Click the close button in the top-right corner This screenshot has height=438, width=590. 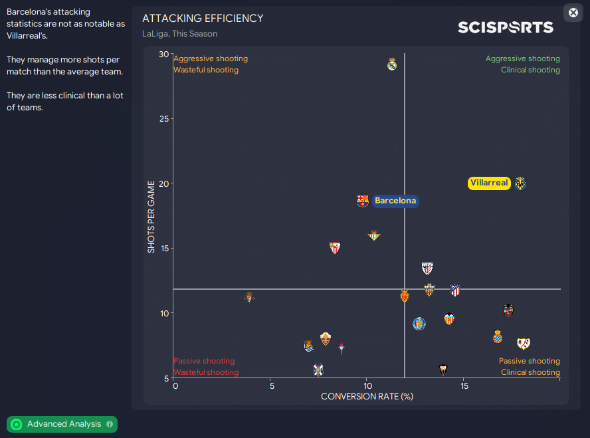[x=573, y=13]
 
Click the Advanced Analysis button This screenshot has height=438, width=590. [x=62, y=424]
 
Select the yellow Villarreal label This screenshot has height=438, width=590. [x=489, y=183]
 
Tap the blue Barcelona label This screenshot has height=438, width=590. [x=395, y=201]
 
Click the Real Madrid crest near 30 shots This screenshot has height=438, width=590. [x=392, y=64]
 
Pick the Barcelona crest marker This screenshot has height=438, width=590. [x=363, y=201]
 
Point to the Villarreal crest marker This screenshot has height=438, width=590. [x=520, y=183]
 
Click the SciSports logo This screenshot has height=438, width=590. [x=505, y=27]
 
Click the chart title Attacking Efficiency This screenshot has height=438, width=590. [x=203, y=19]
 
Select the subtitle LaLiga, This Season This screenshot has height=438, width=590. [x=179, y=33]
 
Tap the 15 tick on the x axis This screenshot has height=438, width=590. [x=464, y=385]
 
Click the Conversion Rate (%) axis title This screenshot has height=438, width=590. [x=367, y=396]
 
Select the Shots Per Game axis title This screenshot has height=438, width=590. [x=151, y=217]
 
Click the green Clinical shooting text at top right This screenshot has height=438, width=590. [x=530, y=70]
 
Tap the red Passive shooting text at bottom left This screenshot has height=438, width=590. [x=204, y=362]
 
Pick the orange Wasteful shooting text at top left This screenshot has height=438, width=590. [x=205, y=70]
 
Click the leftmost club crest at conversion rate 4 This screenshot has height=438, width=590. [x=250, y=297]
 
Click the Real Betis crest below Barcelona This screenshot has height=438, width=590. [x=374, y=235]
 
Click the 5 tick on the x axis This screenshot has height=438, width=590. [x=271, y=385]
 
